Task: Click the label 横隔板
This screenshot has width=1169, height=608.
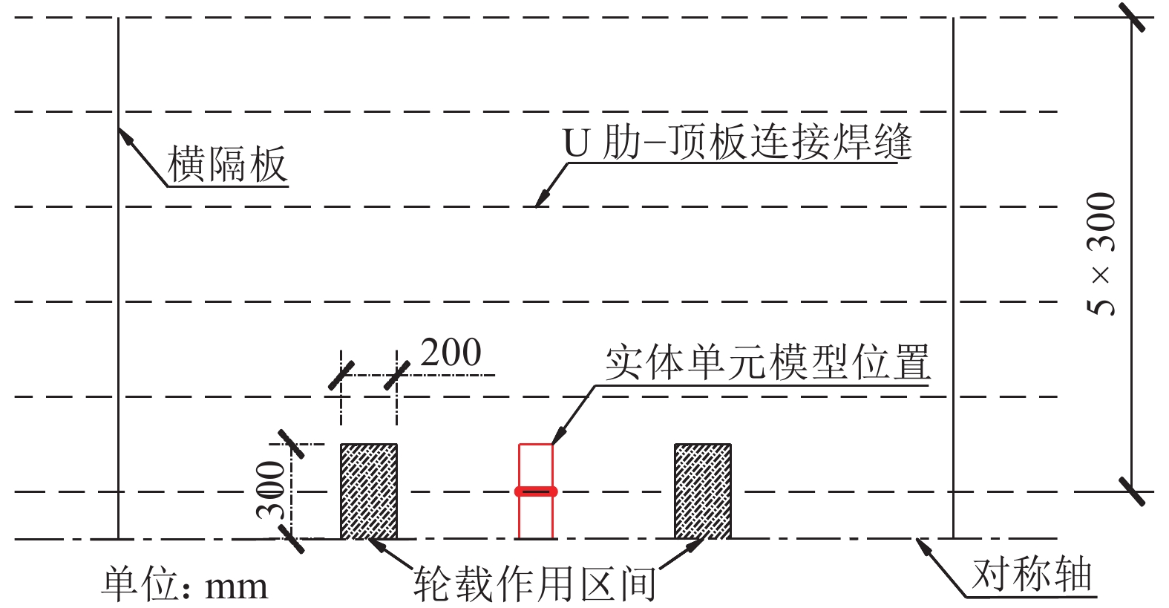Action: tap(227, 164)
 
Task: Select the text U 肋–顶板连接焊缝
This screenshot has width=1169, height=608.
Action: tap(738, 142)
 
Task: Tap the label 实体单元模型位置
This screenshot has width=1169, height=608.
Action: tap(767, 363)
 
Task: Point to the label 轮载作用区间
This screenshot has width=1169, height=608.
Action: tap(535, 584)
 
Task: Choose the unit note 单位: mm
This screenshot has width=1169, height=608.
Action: tap(184, 584)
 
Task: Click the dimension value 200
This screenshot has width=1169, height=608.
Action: tap(451, 353)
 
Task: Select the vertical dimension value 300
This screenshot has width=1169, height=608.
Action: tap(271, 490)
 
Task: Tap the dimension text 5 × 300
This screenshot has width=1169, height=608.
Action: tap(1101, 254)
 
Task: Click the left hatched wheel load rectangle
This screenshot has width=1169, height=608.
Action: tap(369, 491)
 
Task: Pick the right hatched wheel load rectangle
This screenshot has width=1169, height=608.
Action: tap(703, 491)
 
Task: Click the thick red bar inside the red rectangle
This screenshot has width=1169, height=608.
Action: tap(536, 491)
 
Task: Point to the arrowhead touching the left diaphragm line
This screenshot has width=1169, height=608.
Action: tap(125, 137)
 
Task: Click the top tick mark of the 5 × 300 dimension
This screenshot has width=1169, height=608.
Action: tap(1132, 18)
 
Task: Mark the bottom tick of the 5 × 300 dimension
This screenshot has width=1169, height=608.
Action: tap(1132, 491)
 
